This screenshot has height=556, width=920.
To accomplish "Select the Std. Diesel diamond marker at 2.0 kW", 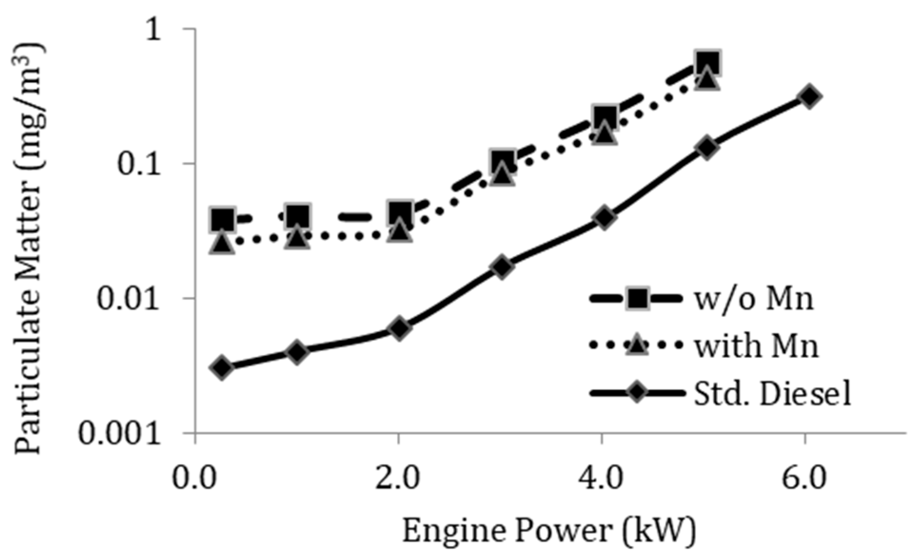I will coord(399,328).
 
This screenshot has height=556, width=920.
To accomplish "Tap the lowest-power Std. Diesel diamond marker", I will coord(222,367).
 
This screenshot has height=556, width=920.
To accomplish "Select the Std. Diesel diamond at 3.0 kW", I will coord(502,267).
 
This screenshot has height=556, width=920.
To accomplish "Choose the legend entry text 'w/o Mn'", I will coord(753,299).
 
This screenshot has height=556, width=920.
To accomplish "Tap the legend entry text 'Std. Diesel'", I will coord(772,393).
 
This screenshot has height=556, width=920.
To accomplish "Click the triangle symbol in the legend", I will coord(637,344).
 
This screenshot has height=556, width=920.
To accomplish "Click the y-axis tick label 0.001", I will coord(119,433).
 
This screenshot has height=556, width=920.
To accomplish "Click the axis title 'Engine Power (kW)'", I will coord(549,530).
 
